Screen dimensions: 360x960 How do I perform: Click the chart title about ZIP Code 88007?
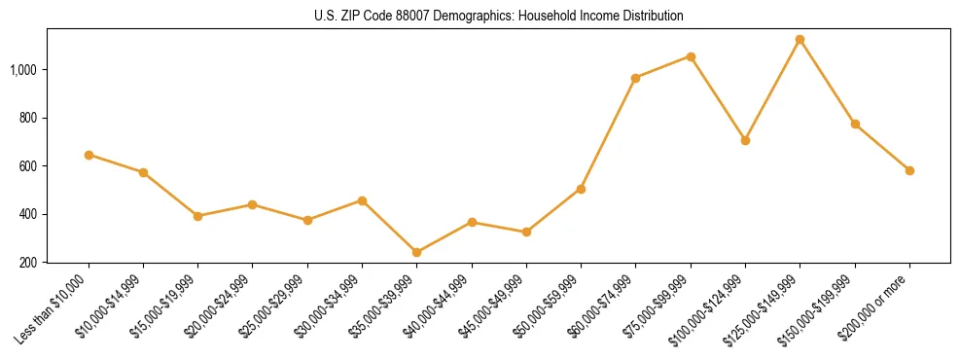click(x=499, y=17)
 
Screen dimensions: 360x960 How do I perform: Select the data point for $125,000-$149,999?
click(x=800, y=40)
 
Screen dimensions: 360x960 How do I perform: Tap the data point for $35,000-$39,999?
click(x=416, y=252)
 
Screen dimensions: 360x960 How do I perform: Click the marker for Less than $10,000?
click(x=89, y=155)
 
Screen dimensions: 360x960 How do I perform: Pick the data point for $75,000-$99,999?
click(x=691, y=56)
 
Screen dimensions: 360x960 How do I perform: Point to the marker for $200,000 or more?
click(x=909, y=170)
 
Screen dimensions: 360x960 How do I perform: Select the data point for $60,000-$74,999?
click(x=635, y=78)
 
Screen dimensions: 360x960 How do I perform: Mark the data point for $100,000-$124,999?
click(x=745, y=140)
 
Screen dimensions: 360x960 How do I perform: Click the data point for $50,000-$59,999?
click(x=581, y=189)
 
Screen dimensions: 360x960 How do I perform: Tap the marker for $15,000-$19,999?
click(x=197, y=216)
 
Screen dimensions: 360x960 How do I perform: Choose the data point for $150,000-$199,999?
click(x=855, y=125)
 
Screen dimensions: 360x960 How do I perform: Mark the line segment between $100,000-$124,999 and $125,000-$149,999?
click(x=772, y=90)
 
